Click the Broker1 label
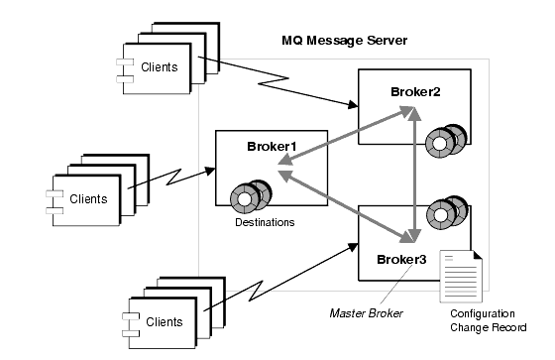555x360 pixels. tap(273, 147)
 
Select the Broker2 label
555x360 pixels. tap(413, 90)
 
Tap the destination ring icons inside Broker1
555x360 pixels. tap(248, 194)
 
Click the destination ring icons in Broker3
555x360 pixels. tap(443, 212)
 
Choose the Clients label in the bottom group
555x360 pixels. tap(165, 321)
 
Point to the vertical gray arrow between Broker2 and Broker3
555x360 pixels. tap(416, 175)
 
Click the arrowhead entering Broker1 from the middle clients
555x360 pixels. tap(211, 170)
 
